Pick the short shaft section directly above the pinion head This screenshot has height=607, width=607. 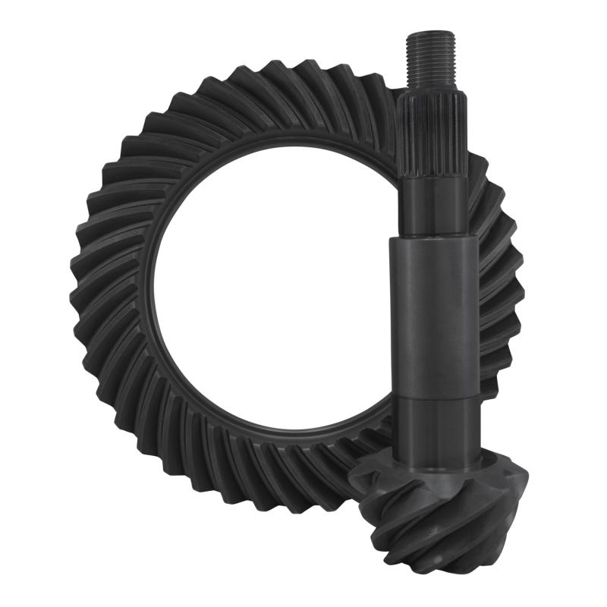(x=435, y=432)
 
